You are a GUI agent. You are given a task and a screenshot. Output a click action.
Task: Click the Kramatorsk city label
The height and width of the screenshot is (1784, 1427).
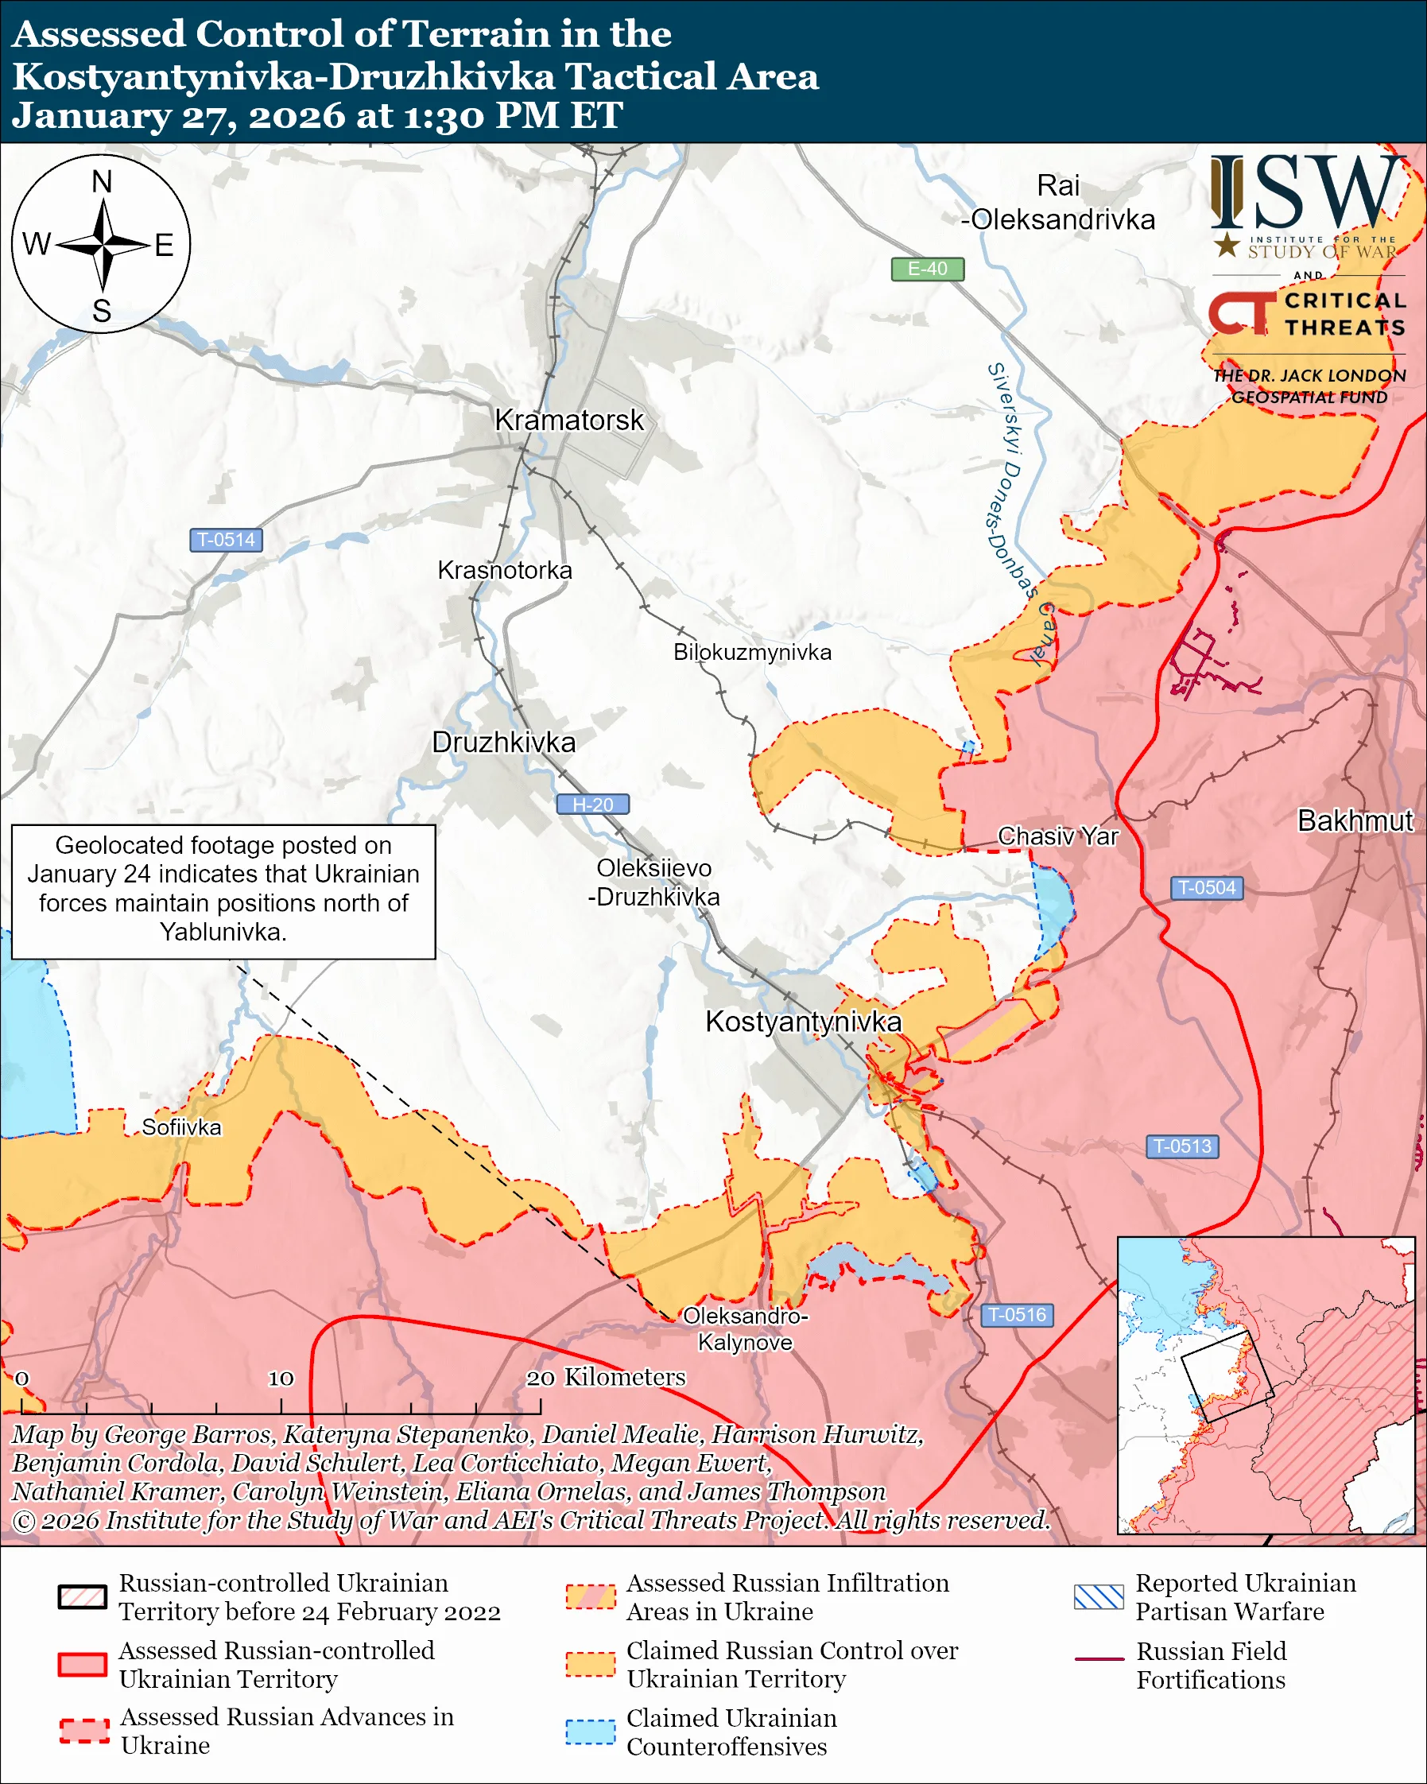point(568,421)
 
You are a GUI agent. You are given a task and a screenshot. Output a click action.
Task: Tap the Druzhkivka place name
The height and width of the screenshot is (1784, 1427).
point(504,743)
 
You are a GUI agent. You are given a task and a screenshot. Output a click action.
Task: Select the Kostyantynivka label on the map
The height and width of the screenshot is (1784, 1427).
point(802,1022)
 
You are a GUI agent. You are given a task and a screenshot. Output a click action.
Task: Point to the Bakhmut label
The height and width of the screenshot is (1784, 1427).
point(1354,820)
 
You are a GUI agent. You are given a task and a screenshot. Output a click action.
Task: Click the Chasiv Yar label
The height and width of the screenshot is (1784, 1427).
point(1057,836)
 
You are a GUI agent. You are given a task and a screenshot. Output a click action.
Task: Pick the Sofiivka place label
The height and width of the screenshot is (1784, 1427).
point(181,1127)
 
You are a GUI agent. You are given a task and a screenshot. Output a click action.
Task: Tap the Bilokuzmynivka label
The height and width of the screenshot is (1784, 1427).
point(752,652)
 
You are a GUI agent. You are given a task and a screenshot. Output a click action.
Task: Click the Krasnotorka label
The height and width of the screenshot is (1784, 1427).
point(505,570)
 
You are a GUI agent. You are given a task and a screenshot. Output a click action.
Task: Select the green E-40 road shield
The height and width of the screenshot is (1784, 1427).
point(926,269)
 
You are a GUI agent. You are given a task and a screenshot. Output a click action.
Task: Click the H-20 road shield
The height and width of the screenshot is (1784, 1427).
point(592,805)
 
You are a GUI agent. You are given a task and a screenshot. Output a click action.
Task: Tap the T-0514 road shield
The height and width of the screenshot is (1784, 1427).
point(226,540)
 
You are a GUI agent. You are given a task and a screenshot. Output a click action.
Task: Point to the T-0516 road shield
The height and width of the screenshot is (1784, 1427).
point(1017,1315)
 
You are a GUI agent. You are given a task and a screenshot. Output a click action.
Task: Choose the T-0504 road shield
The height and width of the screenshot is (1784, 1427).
point(1206,888)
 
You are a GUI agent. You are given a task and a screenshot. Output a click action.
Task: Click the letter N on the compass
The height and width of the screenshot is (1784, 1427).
point(102,181)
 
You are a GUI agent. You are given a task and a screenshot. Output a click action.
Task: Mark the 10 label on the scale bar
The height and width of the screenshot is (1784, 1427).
point(281,1378)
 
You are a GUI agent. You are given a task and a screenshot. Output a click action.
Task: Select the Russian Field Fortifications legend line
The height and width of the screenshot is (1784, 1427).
point(1099,1659)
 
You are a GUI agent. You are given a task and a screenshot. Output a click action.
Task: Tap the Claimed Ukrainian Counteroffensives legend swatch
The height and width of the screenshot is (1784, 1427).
point(590,1732)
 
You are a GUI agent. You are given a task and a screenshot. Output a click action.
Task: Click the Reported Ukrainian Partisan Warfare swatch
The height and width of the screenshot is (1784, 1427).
point(1099,1597)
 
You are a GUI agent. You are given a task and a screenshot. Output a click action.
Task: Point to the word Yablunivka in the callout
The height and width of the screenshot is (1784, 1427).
point(223,932)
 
